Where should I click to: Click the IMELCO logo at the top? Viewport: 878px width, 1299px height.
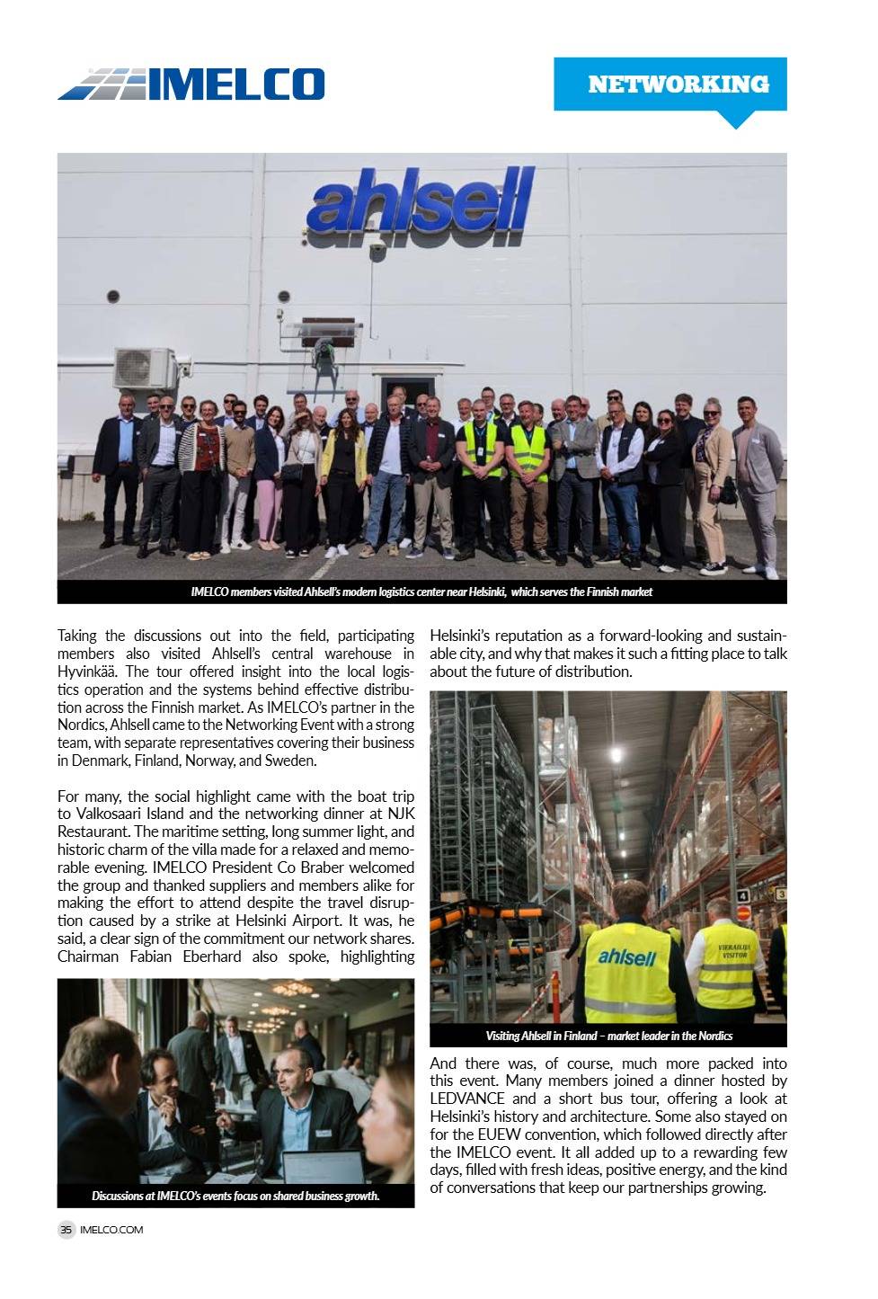(x=191, y=84)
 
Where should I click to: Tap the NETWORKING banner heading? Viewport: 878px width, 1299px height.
(x=678, y=85)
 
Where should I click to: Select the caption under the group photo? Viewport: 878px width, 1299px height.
(x=421, y=592)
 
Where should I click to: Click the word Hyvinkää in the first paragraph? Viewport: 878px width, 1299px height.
(x=84, y=672)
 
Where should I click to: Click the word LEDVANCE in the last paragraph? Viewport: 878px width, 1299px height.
(x=467, y=1099)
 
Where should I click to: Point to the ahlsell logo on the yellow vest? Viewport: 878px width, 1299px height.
(x=626, y=956)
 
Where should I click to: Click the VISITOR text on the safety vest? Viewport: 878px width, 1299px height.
(x=735, y=955)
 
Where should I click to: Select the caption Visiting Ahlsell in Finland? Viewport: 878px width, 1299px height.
(x=608, y=1036)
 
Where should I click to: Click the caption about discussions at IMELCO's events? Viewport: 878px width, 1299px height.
(x=235, y=1196)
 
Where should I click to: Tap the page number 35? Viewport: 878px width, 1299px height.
(x=67, y=1230)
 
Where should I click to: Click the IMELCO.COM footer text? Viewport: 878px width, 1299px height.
(x=111, y=1230)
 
